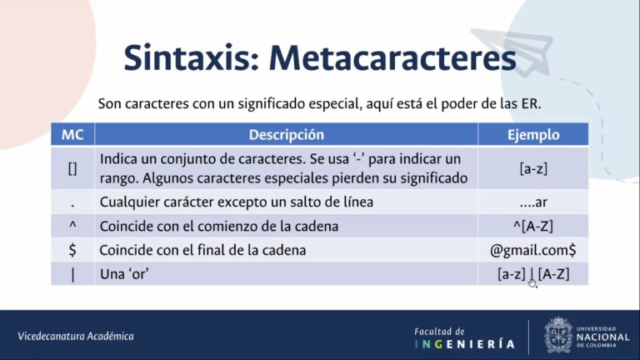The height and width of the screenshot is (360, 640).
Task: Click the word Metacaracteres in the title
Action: point(392,57)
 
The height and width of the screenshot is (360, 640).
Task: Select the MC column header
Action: point(72,135)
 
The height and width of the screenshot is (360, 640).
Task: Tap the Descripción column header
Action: point(286,135)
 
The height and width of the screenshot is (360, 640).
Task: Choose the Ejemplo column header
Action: point(533,135)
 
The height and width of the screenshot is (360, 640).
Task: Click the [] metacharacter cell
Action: point(72,168)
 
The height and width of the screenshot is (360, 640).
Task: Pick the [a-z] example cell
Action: point(533,168)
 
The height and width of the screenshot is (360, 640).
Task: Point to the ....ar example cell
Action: point(533,202)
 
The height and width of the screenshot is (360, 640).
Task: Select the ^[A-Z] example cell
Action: point(533,226)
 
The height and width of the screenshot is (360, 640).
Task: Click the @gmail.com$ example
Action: point(533,250)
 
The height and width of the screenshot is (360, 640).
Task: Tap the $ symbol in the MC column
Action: point(72,250)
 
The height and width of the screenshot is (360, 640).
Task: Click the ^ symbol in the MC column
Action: point(72,223)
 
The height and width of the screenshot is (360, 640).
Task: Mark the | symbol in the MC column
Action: point(72,275)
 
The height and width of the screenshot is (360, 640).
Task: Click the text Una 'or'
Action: point(124,274)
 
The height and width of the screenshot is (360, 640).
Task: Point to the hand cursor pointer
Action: point(533,282)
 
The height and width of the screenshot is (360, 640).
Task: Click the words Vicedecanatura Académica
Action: point(76,337)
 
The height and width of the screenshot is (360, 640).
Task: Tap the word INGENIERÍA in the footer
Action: point(464,344)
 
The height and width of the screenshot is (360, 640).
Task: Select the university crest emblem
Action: point(558,335)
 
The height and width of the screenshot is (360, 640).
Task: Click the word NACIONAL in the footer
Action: point(602,337)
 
